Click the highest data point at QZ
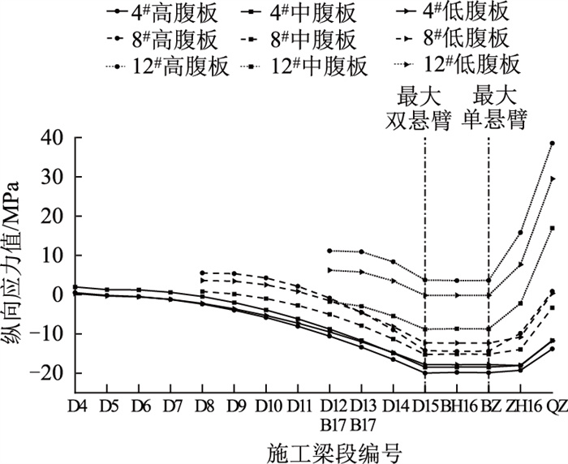tap(552, 144)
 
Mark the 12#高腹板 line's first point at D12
tap(329, 251)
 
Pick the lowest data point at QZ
tap(552, 350)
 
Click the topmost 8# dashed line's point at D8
tap(203, 273)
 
